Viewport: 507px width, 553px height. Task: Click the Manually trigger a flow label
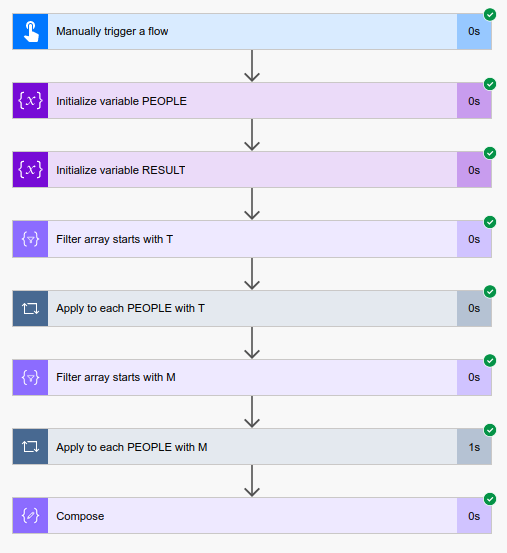(x=112, y=31)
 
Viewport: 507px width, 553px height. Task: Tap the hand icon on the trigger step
(x=31, y=31)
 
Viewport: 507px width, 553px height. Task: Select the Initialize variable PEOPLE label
(x=121, y=101)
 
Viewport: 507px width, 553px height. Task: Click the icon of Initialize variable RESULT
(x=31, y=170)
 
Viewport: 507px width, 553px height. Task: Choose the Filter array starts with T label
(x=114, y=239)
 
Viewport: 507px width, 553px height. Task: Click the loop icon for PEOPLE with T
(x=31, y=308)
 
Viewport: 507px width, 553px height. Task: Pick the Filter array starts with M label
(x=116, y=377)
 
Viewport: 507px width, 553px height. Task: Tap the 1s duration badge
(x=474, y=447)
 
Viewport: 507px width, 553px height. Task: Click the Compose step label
(x=80, y=516)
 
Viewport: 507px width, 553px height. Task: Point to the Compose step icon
(x=31, y=516)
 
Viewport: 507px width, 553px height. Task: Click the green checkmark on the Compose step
(x=490, y=499)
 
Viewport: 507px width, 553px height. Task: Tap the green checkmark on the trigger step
(x=490, y=14)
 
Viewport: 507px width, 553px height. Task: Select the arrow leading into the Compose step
(x=252, y=481)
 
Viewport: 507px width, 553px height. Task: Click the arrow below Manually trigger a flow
(x=252, y=66)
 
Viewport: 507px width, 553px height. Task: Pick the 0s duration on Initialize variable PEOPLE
(x=474, y=101)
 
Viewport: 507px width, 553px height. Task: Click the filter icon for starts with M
(x=31, y=377)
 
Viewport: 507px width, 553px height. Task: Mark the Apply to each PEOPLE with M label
(x=132, y=447)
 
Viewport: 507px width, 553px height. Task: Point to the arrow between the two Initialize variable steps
(x=252, y=135)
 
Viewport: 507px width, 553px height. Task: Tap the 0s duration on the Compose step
(x=474, y=516)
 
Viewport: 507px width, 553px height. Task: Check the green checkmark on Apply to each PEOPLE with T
(x=490, y=291)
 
